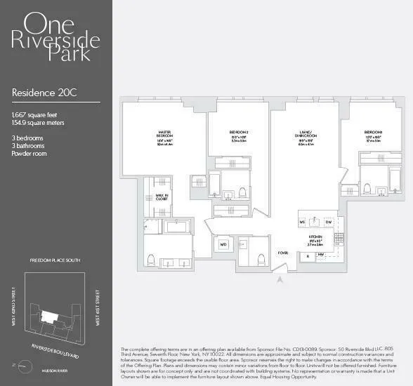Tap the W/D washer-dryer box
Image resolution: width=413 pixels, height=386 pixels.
point(224,245)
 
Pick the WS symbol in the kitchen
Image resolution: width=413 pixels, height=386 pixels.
point(303,222)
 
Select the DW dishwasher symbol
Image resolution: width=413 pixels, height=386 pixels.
point(328,222)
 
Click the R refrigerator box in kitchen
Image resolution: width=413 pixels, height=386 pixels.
point(308,255)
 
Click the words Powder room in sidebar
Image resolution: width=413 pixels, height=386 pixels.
point(29,153)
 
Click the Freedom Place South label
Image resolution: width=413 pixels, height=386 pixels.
point(55,260)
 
